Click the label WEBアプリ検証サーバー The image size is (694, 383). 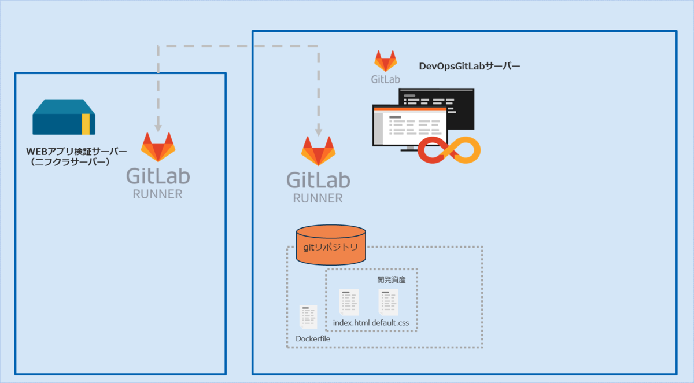[76, 152]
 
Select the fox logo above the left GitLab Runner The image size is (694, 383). [158, 148]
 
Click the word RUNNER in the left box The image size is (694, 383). [157, 194]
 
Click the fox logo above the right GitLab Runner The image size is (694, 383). [318, 152]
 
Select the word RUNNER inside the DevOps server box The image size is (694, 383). [318, 198]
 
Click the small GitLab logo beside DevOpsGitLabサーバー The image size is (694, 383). [386, 61]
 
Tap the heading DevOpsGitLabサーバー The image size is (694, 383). [470, 67]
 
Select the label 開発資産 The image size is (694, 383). [391, 279]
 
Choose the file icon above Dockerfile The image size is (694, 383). [308, 317]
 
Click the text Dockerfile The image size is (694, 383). [313, 338]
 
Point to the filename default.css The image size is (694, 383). [394, 323]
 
